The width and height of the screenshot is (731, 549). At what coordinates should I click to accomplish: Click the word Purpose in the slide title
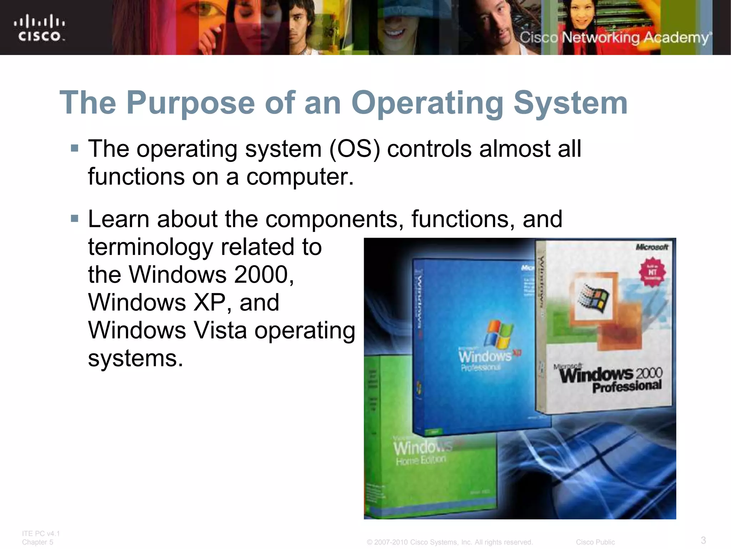tap(191, 103)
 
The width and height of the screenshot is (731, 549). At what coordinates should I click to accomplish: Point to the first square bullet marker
tap(75, 148)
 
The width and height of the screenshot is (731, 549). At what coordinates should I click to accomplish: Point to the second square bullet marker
tap(75, 218)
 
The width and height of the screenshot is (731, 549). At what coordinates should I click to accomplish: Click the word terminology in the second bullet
tap(151, 247)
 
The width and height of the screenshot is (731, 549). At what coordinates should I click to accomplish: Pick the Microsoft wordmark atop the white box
tap(652, 247)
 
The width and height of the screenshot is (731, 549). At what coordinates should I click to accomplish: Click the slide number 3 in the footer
tap(703, 540)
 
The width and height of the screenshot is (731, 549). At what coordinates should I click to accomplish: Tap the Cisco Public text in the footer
tap(595, 542)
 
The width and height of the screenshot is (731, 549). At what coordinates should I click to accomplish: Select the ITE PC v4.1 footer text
tap(41, 533)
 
